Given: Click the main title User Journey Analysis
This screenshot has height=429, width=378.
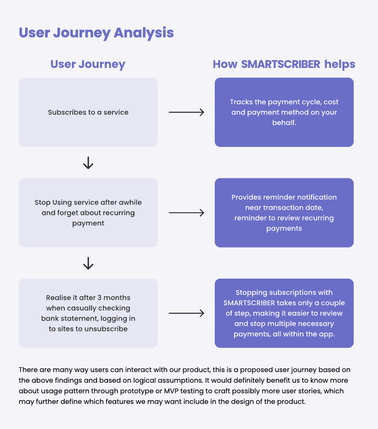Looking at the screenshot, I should pyautogui.click(x=96, y=33).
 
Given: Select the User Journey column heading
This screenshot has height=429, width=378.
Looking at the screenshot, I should pyautogui.click(x=88, y=64).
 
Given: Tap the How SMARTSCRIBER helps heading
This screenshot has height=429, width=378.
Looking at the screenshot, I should pyautogui.click(x=284, y=64).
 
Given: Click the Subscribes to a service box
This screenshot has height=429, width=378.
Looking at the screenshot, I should pyautogui.click(x=88, y=112).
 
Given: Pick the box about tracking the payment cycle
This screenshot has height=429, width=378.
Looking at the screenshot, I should pyautogui.click(x=284, y=112).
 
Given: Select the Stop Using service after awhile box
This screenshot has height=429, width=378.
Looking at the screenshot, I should pyautogui.click(x=88, y=212).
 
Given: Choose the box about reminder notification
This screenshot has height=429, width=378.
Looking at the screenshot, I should pyautogui.click(x=284, y=212).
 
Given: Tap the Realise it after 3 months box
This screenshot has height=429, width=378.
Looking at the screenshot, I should pyautogui.click(x=88, y=313).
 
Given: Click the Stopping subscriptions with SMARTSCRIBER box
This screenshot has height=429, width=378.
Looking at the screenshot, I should pyautogui.click(x=284, y=313).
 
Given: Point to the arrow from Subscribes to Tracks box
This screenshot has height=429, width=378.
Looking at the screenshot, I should pyautogui.click(x=186, y=112).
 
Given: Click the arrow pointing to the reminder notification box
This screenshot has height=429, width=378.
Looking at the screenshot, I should pyautogui.click(x=186, y=212).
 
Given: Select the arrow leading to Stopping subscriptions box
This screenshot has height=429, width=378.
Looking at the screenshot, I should pyautogui.click(x=186, y=313).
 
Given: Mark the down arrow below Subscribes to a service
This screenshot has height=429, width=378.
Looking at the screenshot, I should pyautogui.click(x=88, y=163).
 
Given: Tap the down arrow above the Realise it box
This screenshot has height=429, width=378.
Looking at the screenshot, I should pyautogui.click(x=88, y=263).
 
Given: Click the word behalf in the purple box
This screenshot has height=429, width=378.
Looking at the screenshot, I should pyautogui.click(x=284, y=123).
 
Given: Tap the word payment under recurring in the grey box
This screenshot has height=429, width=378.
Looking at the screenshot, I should pyautogui.click(x=88, y=223).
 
